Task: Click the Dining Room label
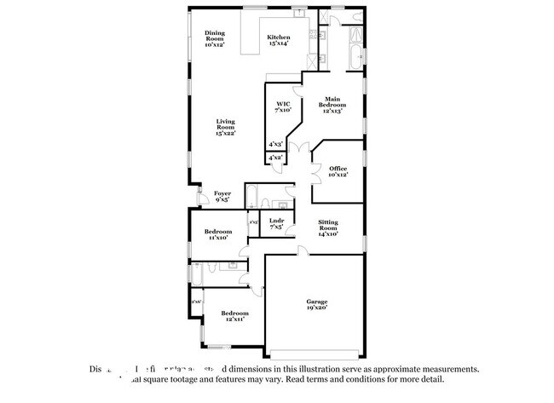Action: pyautogui.click(x=215, y=37)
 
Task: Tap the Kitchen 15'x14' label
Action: pyautogui.click(x=279, y=40)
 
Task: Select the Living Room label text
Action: pyautogui.click(x=225, y=127)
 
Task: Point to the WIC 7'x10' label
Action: pyautogui.click(x=283, y=107)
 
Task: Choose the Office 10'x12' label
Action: pyautogui.click(x=338, y=171)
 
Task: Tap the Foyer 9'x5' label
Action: pyautogui.click(x=222, y=196)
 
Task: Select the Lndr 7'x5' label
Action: pyautogui.click(x=276, y=224)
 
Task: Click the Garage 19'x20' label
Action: pyautogui.click(x=317, y=304)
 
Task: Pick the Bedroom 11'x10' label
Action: pyautogui.click(x=217, y=234)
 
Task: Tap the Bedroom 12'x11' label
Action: pyautogui.click(x=234, y=316)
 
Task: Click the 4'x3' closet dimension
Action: pyautogui.click(x=275, y=145)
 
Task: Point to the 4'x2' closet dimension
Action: pyautogui.click(x=275, y=158)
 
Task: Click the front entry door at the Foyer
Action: pyautogui.click(x=200, y=199)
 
